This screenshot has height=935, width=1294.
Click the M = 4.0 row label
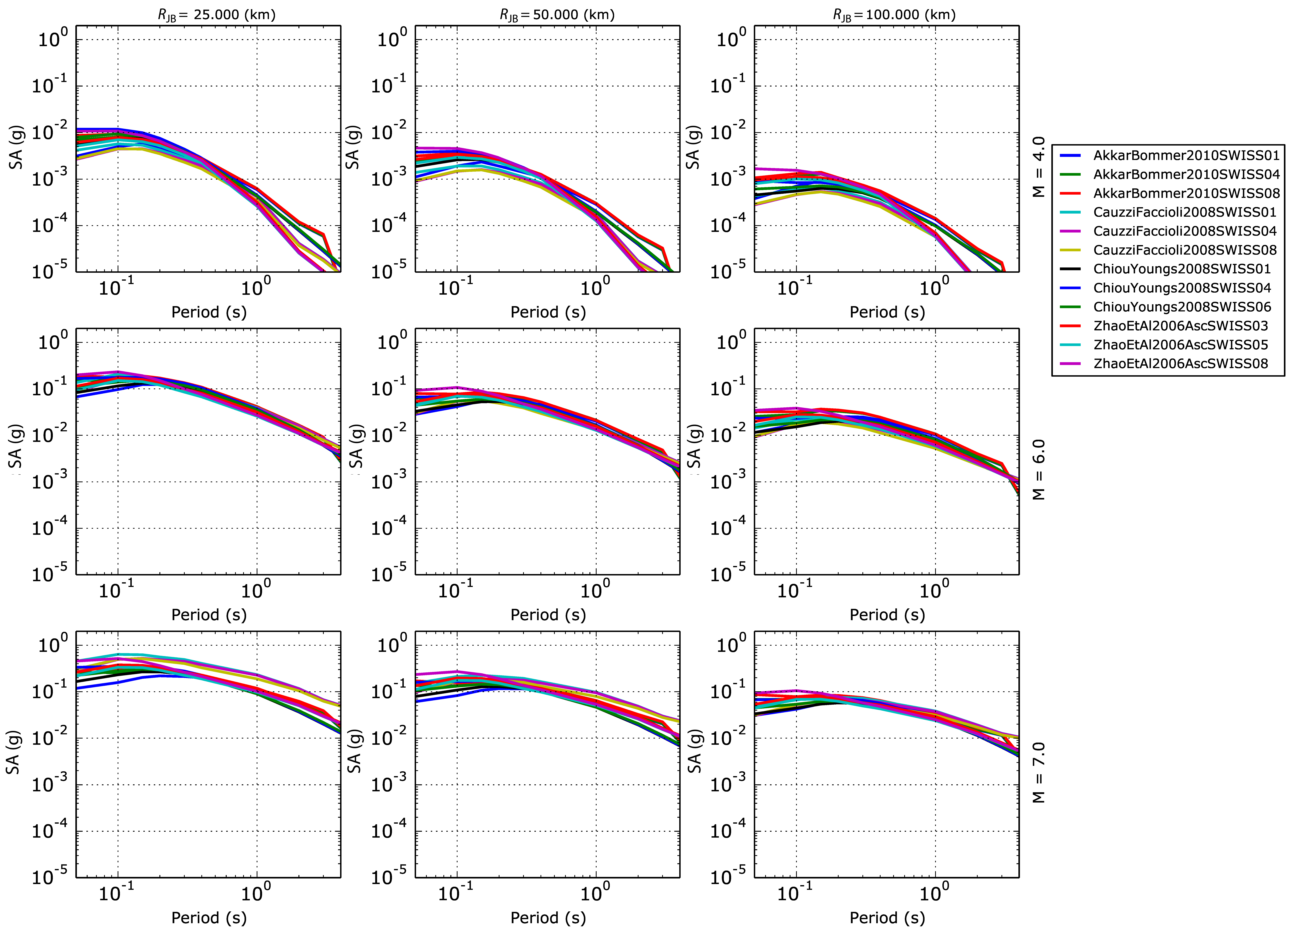pyautogui.click(x=1039, y=167)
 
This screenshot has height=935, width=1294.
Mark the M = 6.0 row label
pyautogui.click(x=1039, y=470)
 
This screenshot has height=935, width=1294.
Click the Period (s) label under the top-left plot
pyautogui.click(x=209, y=312)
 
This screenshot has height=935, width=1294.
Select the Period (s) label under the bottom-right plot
pyautogui.click(x=887, y=918)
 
